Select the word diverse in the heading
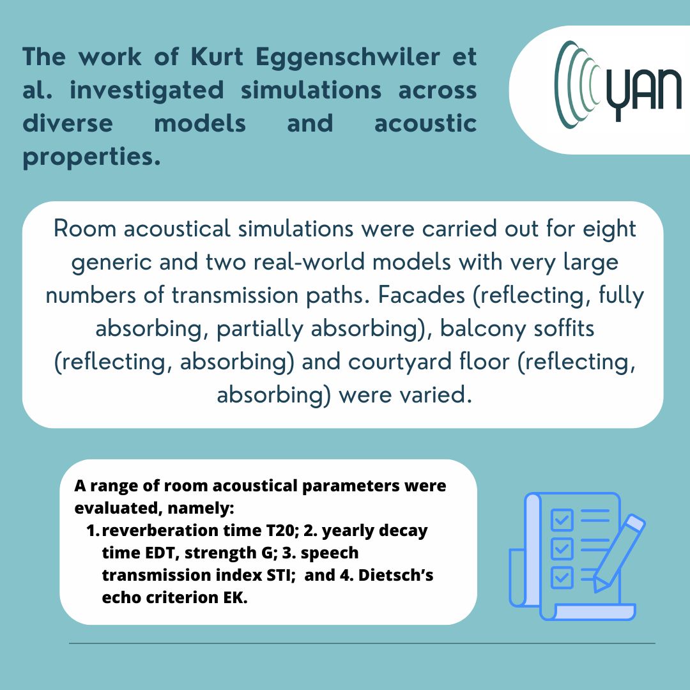click(68, 123)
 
